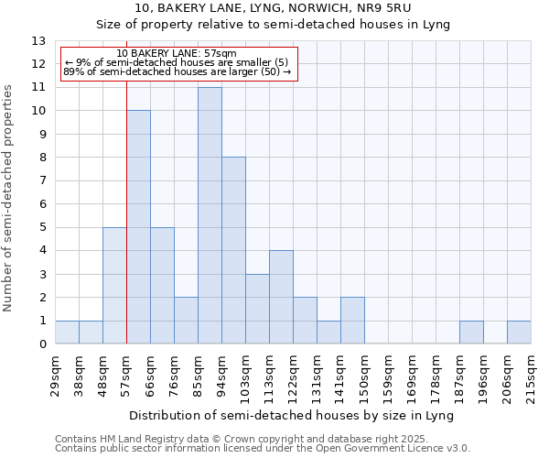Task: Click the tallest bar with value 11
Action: (x=210, y=215)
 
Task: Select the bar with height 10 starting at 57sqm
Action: (x=138, y=227)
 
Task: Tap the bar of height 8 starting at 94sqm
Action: (x=233, y=250)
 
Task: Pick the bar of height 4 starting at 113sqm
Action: (x=281, y=297)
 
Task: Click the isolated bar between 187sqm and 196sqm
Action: (x=471, y=333)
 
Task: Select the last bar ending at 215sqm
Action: (x=519, y=333)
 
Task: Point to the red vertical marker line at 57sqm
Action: (x=126, y=229)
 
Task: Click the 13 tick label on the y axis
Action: (x=38, y=41)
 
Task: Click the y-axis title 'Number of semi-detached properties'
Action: (x=9, y=198)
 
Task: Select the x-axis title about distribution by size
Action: (x=292, y=415)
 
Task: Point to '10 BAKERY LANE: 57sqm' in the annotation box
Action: (x=177, y=53)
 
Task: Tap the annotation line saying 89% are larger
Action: (x=177, y=71)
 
